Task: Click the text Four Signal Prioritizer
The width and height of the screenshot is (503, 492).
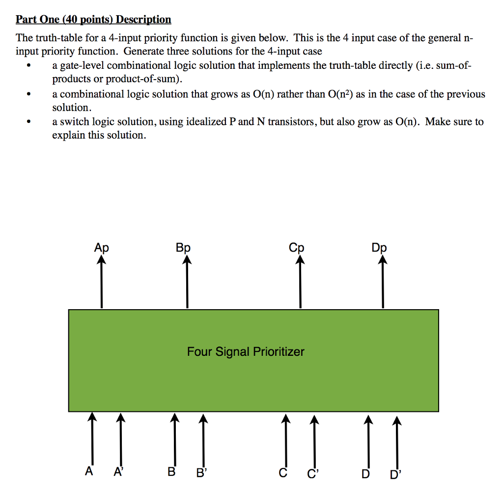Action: (246, 352)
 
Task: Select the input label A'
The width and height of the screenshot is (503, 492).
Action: (118, 473)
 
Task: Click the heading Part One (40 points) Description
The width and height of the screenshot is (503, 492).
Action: (93, 20)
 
